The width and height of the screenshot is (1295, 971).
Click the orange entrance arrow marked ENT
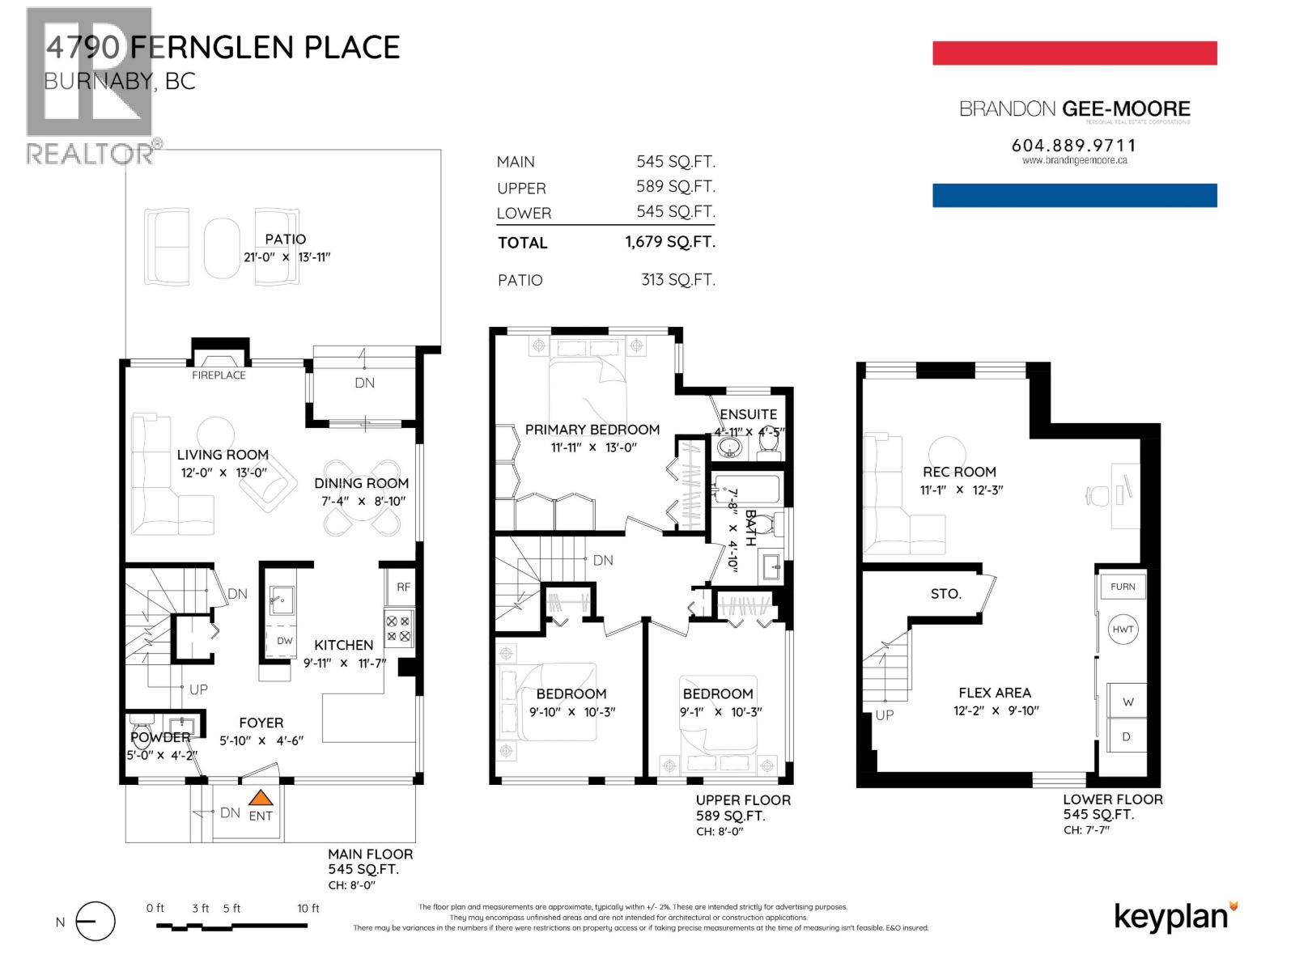click(260, 799)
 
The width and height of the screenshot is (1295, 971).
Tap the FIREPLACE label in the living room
click(219, 375)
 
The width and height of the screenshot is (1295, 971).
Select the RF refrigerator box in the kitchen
click(403, 587)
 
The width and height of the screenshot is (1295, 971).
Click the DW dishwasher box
click(284, 641)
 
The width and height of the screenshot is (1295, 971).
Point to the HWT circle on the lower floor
click(1123, 630)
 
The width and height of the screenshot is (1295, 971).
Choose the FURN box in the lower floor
click(1123, 587)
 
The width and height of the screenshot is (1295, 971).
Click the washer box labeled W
click(1127, 702)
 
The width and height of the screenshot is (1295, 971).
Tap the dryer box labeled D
click(1127, 737)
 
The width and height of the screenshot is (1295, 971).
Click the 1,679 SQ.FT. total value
click(670, 242)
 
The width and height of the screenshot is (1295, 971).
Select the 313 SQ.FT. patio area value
click(678, 280)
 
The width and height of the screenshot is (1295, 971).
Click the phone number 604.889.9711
click(1074, 146)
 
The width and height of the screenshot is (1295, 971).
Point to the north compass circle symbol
click(96, 922)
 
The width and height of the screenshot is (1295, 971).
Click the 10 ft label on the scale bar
click(308, 909)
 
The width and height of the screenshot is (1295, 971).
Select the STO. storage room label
click(945, 594)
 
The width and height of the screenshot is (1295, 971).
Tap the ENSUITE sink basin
click(731, 447)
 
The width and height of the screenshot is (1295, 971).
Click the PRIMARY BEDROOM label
click(592, 430)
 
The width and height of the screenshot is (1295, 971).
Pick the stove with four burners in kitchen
click(398, 629)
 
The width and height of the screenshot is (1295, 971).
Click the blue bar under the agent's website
click(1074, 195)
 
